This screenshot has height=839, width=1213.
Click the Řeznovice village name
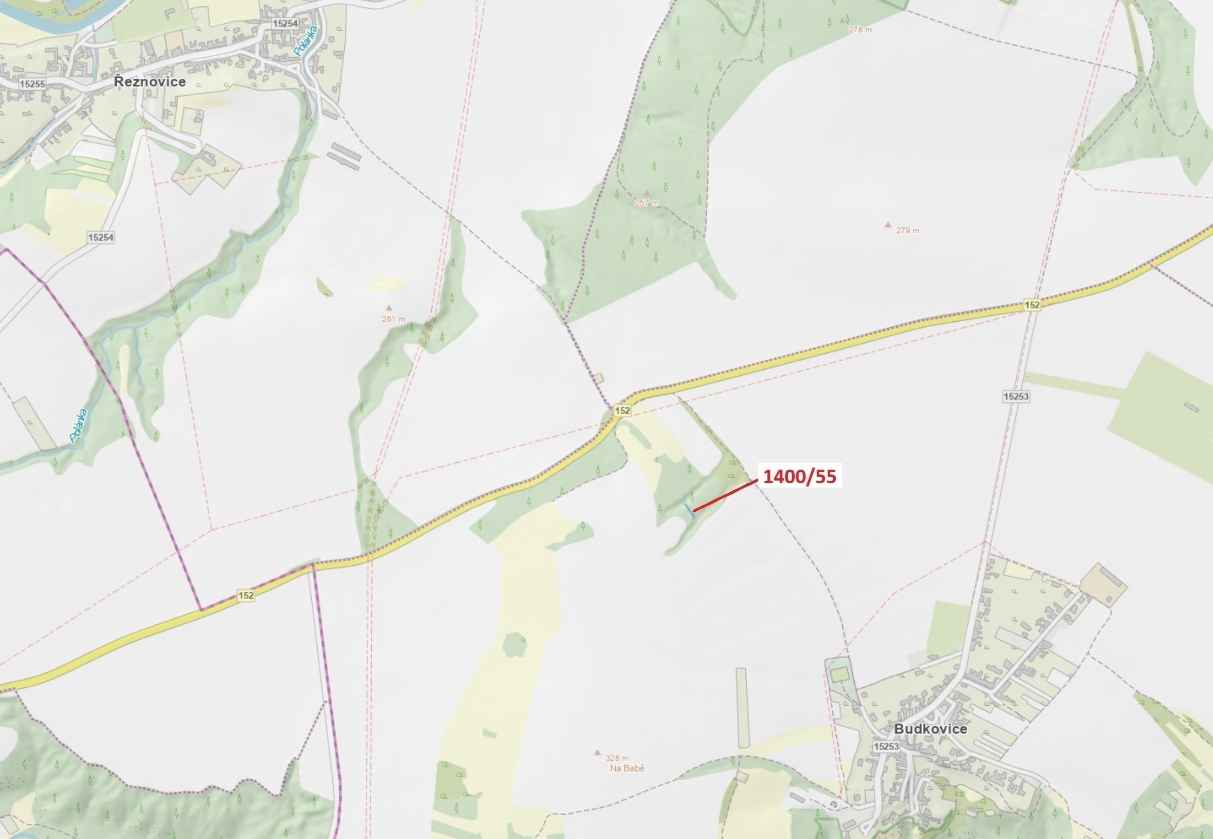click(x=150, y=82)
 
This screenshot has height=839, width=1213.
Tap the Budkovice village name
click(x=930, y=728)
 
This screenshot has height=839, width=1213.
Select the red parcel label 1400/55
click(x=799, y=477)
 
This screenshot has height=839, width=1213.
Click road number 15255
click(x=32, y=84)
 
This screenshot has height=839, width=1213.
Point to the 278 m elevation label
click(x=860, y=30)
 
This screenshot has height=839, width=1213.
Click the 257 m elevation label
click(x=647, y=203)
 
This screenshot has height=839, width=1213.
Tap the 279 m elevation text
click(x=908, y=231)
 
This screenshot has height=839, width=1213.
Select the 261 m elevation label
click(x=393, y=319)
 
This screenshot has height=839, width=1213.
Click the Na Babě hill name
click(x=627, y=768)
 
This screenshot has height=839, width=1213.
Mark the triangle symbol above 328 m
click(x=598, y=752)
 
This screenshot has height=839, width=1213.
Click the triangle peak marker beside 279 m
click(x=888, y=225)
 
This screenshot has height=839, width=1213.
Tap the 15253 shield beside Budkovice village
click(x=886, y=746)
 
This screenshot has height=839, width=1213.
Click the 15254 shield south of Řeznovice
click(x=101, y=237)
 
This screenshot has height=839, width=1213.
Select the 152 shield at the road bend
click(x=622, y=410)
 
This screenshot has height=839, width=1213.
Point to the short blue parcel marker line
click(x=689, y=510)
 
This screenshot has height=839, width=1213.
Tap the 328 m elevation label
click(x=617, y=758)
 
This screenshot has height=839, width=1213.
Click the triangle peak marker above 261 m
click(x=388, y=308)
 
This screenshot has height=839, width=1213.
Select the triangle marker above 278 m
click(x=841, y=21)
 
